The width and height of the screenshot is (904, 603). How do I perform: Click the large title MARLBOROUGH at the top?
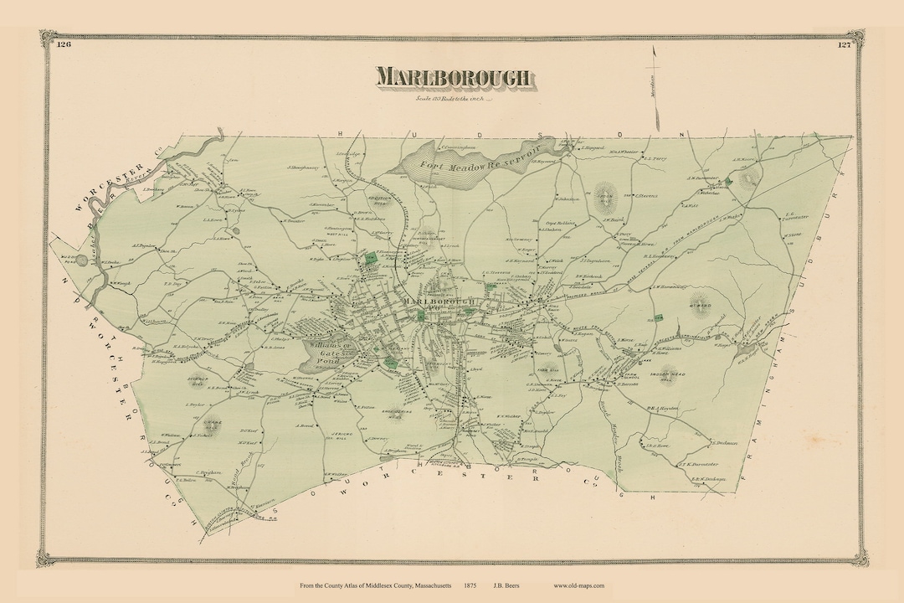(x=452, y=77)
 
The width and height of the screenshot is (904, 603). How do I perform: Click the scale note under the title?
(x=452, y=100)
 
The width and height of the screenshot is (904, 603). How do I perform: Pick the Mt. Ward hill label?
(x=700, y=305)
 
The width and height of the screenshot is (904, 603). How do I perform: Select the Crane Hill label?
(x=214, y=422)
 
